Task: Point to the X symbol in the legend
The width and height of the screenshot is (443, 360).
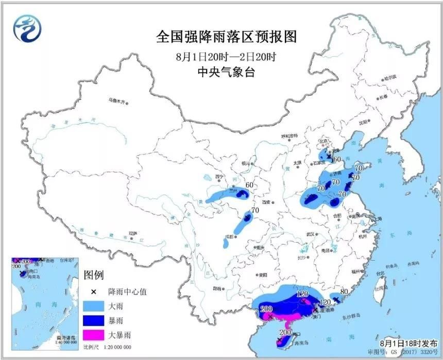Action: pos(93,292)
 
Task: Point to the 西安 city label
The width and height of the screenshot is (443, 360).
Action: pos(265,202)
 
